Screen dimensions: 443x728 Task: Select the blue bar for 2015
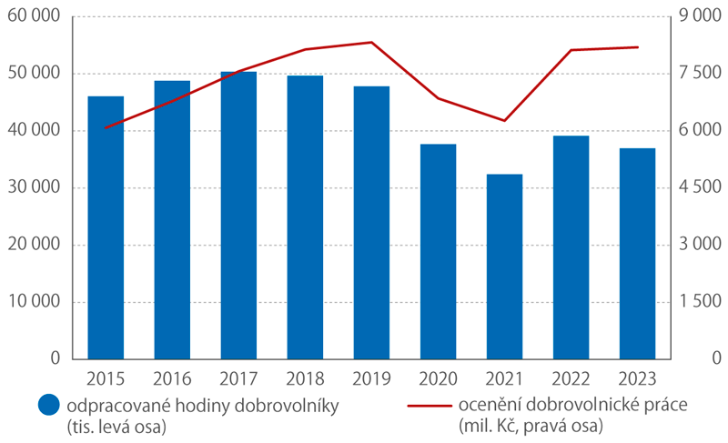tap(106, 227)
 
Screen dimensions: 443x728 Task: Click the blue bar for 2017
tap(238, 215)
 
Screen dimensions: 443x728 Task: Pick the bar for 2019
tap(371, 223)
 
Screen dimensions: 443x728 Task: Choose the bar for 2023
tap(637, 254)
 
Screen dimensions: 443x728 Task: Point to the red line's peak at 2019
tap(371, 42)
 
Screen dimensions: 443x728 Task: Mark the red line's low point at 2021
tap(504, 120)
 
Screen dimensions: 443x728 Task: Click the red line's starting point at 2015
tap(106, 127)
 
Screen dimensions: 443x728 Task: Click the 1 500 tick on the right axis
tap(700, 302)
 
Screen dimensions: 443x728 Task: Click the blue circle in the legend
tap(46, 408)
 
